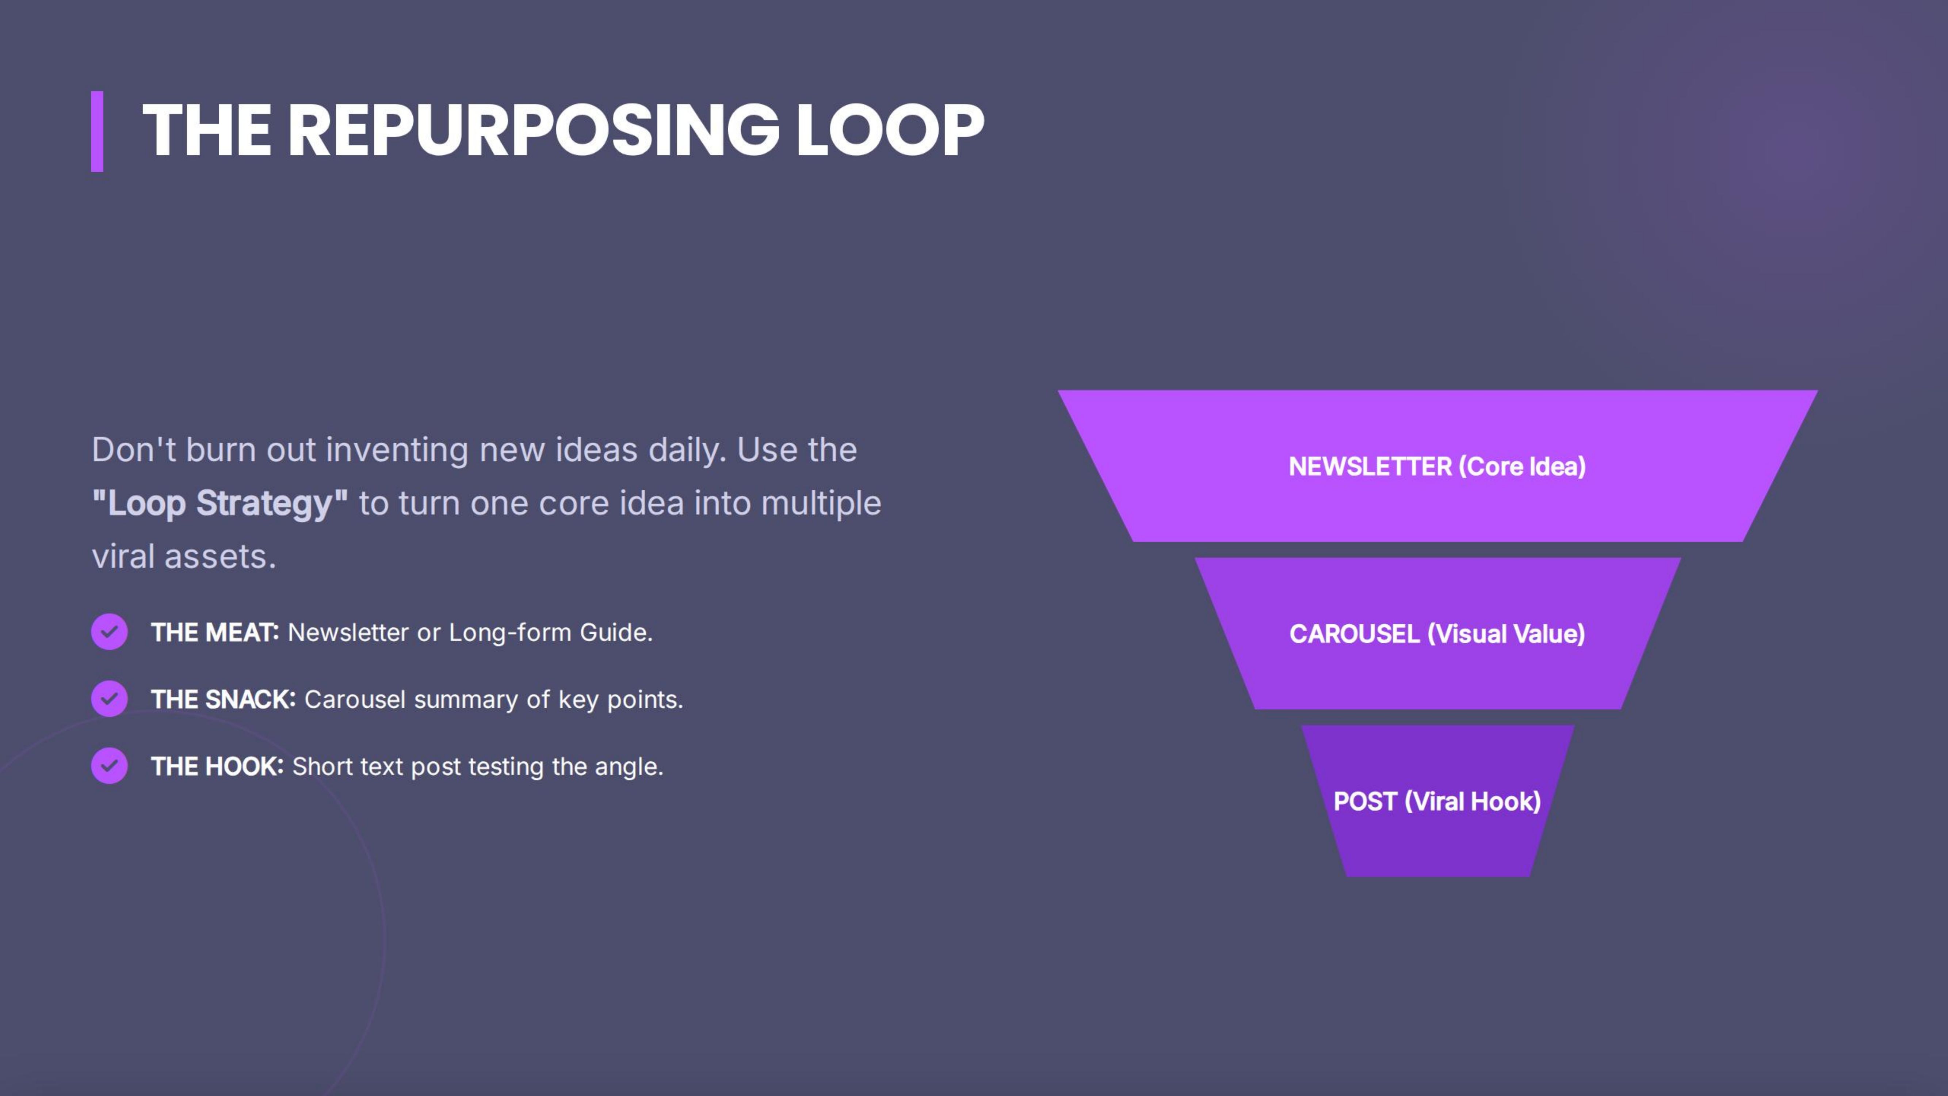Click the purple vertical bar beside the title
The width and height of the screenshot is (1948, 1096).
coord(97,131)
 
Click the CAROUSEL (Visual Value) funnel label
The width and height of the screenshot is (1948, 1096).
coord(1437,634)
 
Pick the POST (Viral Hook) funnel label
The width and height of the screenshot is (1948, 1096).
coord(1437,801)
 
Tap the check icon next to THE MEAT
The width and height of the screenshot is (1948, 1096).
coord(110,632)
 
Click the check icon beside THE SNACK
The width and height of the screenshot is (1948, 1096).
coord(110,699)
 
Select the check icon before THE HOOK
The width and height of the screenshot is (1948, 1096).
coord(110,765)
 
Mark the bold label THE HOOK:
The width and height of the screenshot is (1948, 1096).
coord(217,766)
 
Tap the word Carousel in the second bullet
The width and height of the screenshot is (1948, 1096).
coord(355,700)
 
